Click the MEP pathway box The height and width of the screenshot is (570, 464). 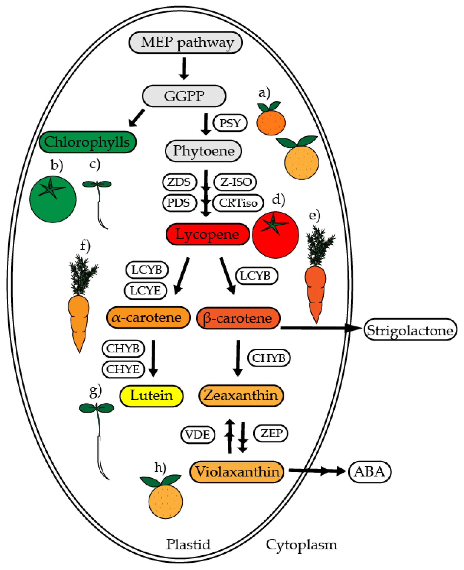tap(186, 42)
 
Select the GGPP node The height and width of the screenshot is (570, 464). tap(184, 96)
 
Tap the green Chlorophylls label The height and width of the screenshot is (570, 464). tap(87, 142)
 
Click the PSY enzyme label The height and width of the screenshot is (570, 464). tap(230, 123)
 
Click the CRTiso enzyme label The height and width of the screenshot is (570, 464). tap(238, 203)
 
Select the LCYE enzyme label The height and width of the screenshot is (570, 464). tap(145, 291)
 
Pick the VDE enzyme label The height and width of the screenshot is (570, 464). tap(198, 435)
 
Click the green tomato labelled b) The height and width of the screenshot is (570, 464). tap(53, 199)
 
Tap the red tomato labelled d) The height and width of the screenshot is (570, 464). tap(275, 235)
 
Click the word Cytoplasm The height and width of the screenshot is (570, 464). tap(301, 545)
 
